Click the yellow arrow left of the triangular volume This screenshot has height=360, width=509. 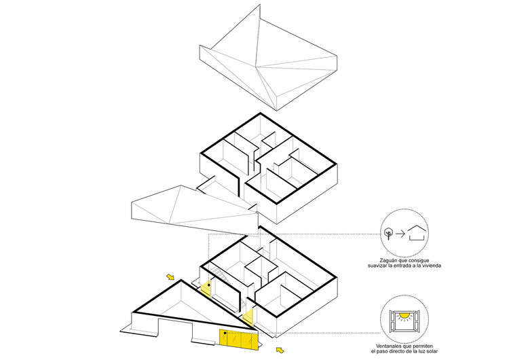click(170, 276)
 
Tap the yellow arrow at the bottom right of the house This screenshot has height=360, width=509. click(279, 350)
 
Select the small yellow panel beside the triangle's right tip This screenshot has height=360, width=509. click(248, 317)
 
